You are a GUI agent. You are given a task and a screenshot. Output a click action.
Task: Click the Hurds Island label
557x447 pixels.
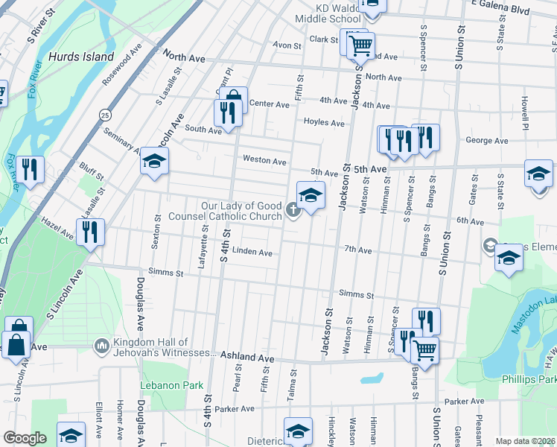[x=81, y=57]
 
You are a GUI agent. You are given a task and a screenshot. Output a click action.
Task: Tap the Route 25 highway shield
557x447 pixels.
[x=106, y=115]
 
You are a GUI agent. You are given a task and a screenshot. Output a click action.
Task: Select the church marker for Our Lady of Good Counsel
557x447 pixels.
[x=293, y=211]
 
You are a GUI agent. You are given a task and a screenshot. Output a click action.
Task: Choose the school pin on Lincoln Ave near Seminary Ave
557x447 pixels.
[x=154, y=162]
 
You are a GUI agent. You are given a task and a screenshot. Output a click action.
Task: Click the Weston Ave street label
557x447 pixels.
[x=264, y=160]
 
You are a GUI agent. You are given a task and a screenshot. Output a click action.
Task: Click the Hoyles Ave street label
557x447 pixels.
[x=324, y=123]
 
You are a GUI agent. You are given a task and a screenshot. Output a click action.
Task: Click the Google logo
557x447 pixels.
[x=25, y=438]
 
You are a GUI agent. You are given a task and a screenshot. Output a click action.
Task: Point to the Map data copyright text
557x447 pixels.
[x=524, y=441]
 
